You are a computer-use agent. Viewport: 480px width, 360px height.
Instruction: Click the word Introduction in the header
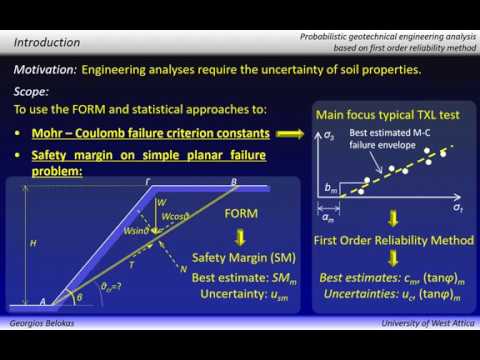[46, 43]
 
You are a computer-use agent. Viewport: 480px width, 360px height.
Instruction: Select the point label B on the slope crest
[234, 181]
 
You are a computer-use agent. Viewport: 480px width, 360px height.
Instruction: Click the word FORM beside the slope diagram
[241, 214]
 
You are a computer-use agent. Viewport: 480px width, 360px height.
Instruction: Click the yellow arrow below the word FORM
[241, 236]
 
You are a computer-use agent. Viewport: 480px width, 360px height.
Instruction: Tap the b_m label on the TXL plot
[331, 187]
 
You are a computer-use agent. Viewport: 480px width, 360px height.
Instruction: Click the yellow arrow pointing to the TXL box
[289, 133]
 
